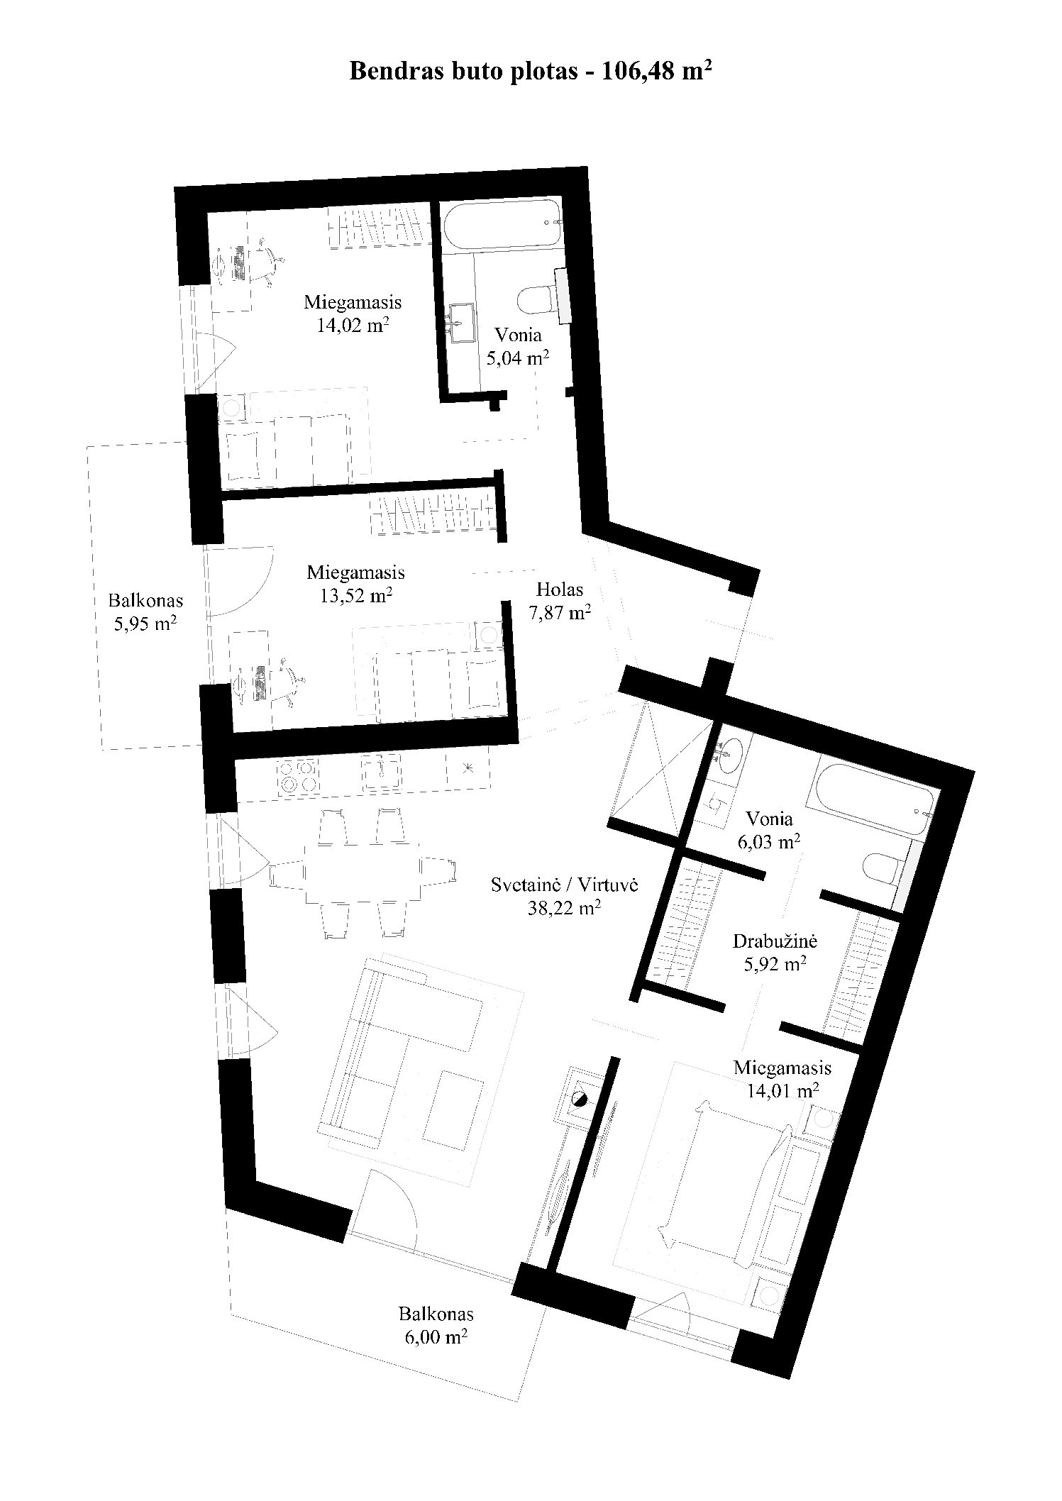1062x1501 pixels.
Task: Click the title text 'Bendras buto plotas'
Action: [x=463, y=71]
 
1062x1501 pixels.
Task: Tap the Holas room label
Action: [x=560, y=589]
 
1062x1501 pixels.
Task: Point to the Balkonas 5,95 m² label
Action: [x=145, y=612]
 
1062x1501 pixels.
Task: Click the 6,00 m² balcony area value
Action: [x=436, y=1338]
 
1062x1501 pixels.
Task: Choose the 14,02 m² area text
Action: [x=353, y=326]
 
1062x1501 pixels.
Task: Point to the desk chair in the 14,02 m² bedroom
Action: [x=267, y=262]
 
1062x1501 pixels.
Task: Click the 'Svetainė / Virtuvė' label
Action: [x=565, y=885]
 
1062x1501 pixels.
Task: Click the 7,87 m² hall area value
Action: [x=560, y=612]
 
